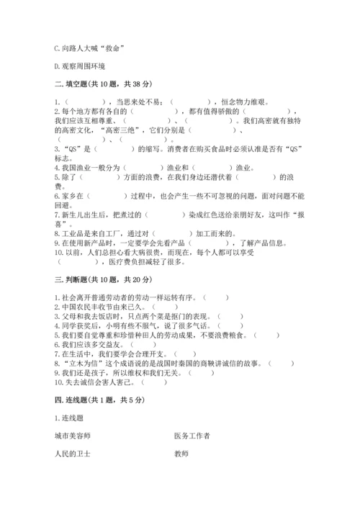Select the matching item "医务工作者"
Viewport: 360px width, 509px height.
click(192, 436)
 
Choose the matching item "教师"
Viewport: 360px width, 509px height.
click(181, 454)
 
